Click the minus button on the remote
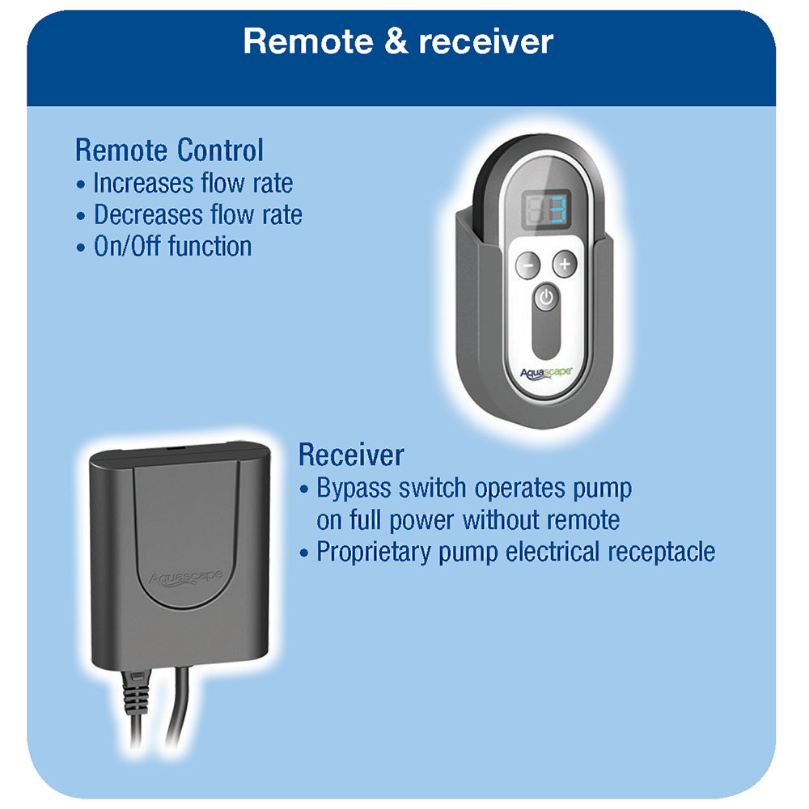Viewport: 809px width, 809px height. click(527, 264)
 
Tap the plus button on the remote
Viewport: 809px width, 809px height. click(565, 264)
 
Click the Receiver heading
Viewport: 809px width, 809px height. click(350, 455)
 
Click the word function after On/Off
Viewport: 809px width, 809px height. click(210, 246)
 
